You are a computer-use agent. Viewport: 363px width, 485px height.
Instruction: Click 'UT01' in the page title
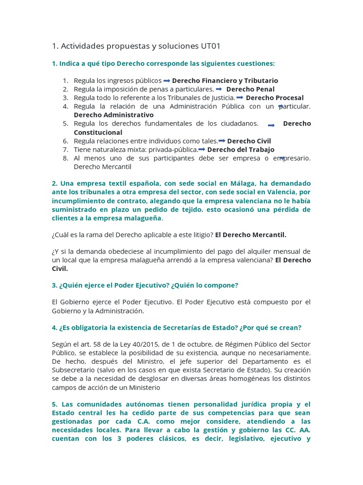click(209, 46)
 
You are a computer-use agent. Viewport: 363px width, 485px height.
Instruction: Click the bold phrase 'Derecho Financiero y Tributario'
click(225, 81)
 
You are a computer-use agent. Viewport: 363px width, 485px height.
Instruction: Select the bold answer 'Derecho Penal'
click(250, 89)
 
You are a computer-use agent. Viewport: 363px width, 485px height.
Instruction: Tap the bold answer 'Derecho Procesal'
click(275, 98)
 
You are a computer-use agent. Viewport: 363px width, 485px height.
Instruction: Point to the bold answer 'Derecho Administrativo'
click(113, 115)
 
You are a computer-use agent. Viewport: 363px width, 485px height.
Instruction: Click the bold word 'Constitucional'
click(98, 132)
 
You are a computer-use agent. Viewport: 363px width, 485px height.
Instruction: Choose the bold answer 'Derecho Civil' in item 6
click(249, 141)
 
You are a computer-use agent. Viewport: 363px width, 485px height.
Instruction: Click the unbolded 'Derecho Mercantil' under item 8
click(103, 166)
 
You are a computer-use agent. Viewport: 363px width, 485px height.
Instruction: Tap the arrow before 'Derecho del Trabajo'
click(202, 149)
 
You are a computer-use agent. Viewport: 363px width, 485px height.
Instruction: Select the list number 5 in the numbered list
click(66, 124)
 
